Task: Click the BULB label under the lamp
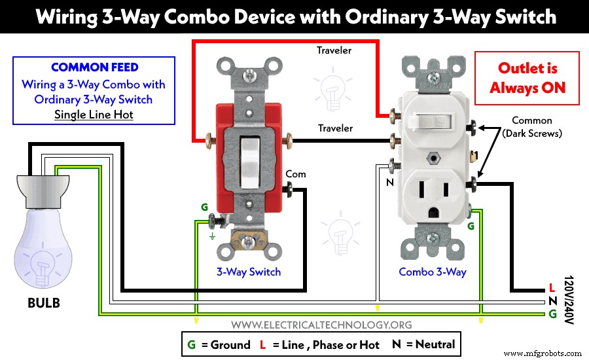(45, 303)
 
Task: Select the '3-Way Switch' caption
(249, 272)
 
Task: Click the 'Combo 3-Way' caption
(433, 272)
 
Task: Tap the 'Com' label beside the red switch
(296, 174)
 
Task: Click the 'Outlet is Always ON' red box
(527, 78)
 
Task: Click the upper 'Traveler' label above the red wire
(334, 50)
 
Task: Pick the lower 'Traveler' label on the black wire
(336, 128)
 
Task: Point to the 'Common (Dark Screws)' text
(531, 126)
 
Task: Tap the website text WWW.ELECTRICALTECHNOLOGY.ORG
(321, 324)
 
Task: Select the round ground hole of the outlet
(433, 213)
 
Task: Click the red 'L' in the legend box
(262, 344)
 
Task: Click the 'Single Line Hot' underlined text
(93, 115)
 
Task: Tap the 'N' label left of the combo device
(389, 183)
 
